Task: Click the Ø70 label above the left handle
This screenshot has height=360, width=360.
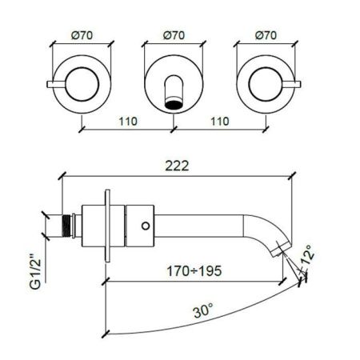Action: point(82,35)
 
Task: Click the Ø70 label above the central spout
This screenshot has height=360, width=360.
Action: point(174,35)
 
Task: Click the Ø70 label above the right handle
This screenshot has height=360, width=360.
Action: point(266,35)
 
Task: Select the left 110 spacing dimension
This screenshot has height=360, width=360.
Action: point(128,122)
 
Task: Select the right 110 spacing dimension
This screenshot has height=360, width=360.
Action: point(220,122)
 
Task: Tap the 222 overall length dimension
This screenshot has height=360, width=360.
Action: point(177,166)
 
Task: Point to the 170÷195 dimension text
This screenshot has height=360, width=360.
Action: point(194,271)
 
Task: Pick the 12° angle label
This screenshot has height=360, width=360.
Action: point(307,255)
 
